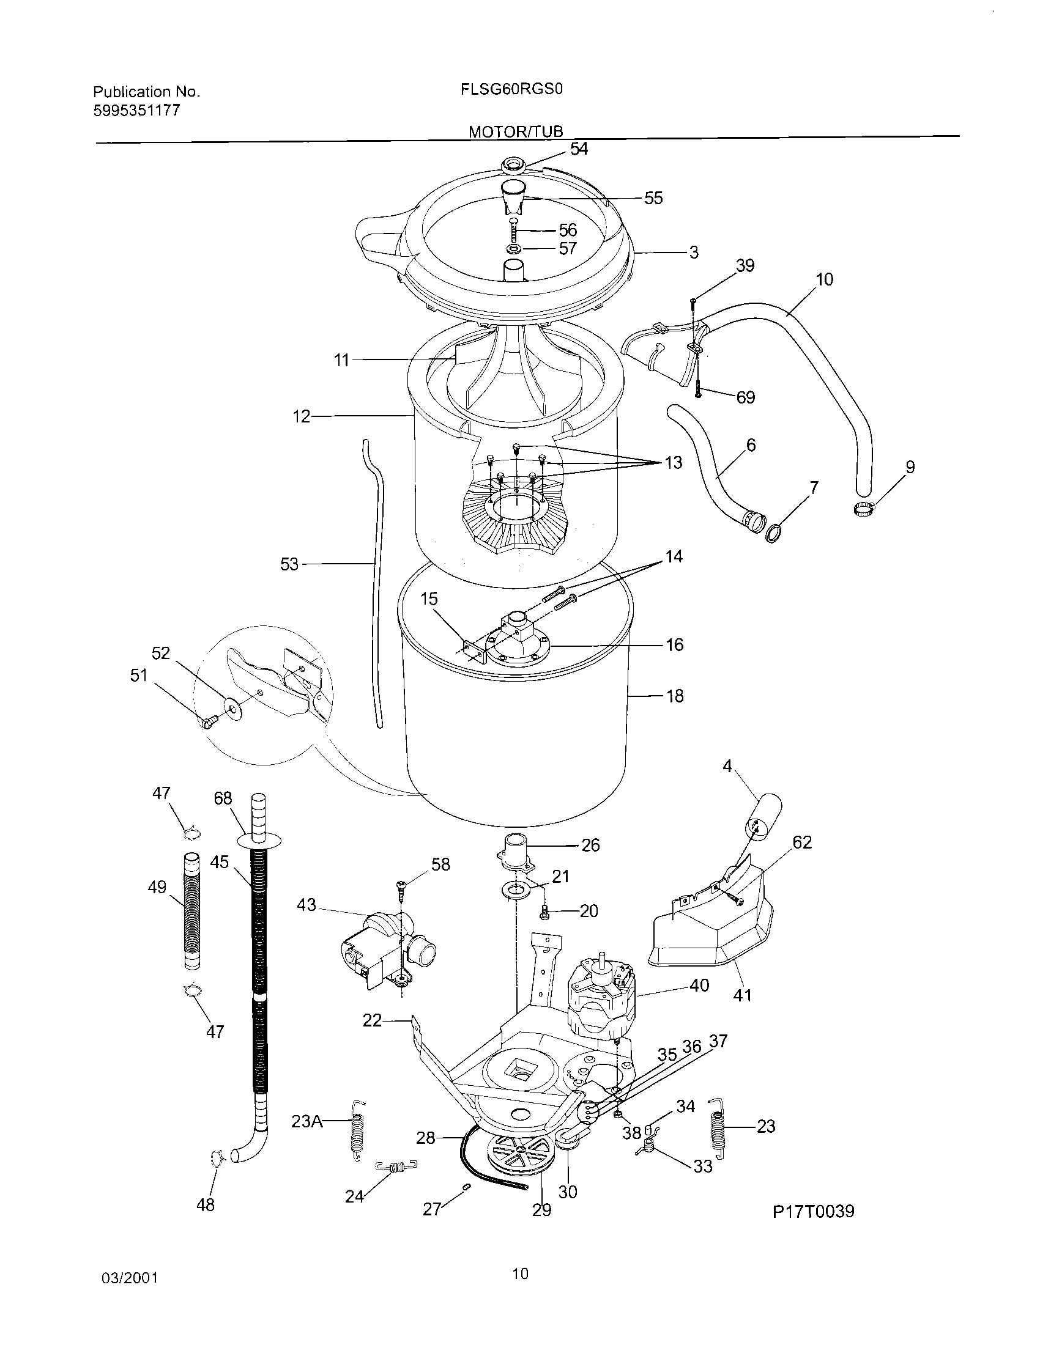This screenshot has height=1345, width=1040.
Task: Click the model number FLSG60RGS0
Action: [x=511, y=89]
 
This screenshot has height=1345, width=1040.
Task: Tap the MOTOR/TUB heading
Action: [x=516, y=131]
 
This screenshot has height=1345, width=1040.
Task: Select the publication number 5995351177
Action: [x=137, y=110]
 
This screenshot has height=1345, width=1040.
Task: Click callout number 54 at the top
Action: [x=579, y=149]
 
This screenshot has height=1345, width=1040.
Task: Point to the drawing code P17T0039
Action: [x=813, y=1211]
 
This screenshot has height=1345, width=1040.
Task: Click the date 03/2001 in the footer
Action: [x=129, y=1278]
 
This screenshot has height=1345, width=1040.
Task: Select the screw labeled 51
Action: [x=209, y=721]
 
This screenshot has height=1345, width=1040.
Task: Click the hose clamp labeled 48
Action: [x=217, y=1159]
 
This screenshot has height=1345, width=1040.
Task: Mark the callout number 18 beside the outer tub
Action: [x=675, y=696]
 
